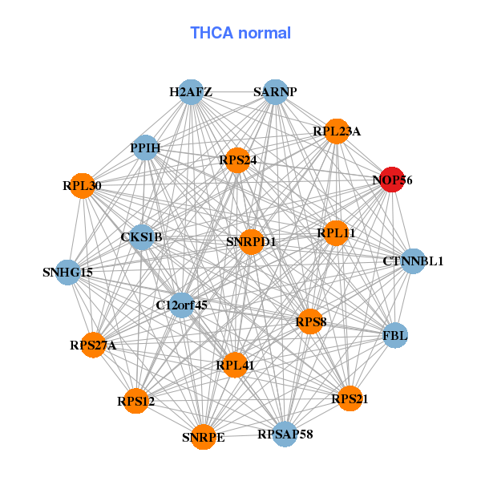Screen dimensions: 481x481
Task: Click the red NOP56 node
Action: point(390,180)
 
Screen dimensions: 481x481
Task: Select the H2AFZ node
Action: point(191,92)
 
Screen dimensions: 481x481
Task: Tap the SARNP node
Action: point(275,92)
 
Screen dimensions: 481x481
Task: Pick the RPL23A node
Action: point(337,131)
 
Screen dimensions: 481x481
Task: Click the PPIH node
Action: point(146,148)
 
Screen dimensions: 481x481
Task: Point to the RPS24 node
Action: point(238,160)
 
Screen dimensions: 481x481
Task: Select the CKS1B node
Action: point(142,237)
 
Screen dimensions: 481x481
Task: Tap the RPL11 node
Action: point(335,233)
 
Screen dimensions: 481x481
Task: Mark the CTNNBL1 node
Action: point(412,261)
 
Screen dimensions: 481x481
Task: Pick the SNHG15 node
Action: point(68,273)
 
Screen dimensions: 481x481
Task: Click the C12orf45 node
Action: point(182,305)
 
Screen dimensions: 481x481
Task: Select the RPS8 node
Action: point(310,322)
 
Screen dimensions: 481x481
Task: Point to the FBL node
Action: point(395,335)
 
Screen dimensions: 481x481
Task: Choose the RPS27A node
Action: point(93,346)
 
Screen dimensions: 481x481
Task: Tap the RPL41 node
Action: point(235,366)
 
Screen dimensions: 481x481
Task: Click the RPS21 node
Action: point(350,398)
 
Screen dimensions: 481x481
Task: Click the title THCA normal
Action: point(240,33)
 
